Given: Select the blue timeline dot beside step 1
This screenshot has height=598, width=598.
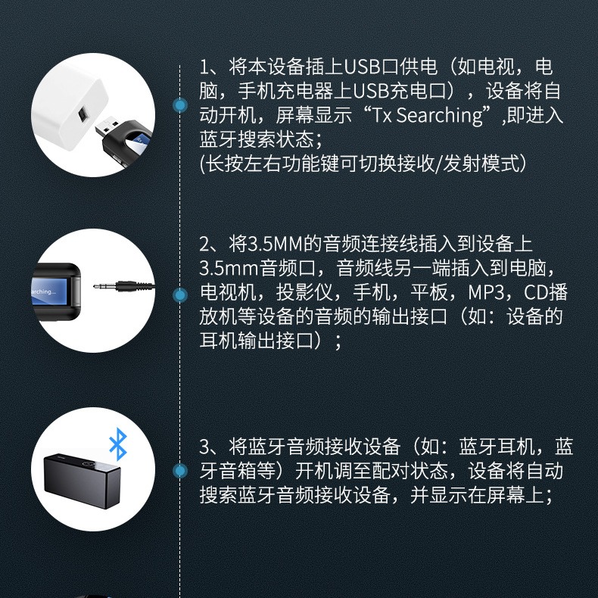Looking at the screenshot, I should tap(180, 105).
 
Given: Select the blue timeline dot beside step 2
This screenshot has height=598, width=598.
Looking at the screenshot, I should tap(180, 294).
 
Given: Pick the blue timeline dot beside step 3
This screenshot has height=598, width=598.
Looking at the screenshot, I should tap(180, 472).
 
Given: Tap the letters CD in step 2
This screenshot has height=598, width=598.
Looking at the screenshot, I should tap(531, 292).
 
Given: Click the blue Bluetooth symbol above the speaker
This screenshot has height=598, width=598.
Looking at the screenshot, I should tap(117, 444).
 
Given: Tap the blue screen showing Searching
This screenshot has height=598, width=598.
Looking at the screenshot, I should tap(51, 291).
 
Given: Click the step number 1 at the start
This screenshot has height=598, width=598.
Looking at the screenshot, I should tap(204, 67).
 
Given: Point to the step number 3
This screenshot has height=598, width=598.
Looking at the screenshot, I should tap(204, 446).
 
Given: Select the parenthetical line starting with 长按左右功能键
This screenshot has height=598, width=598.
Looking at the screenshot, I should tap(363, 164).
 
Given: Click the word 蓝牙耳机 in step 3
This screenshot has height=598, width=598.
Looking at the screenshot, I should tap(500, 446).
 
